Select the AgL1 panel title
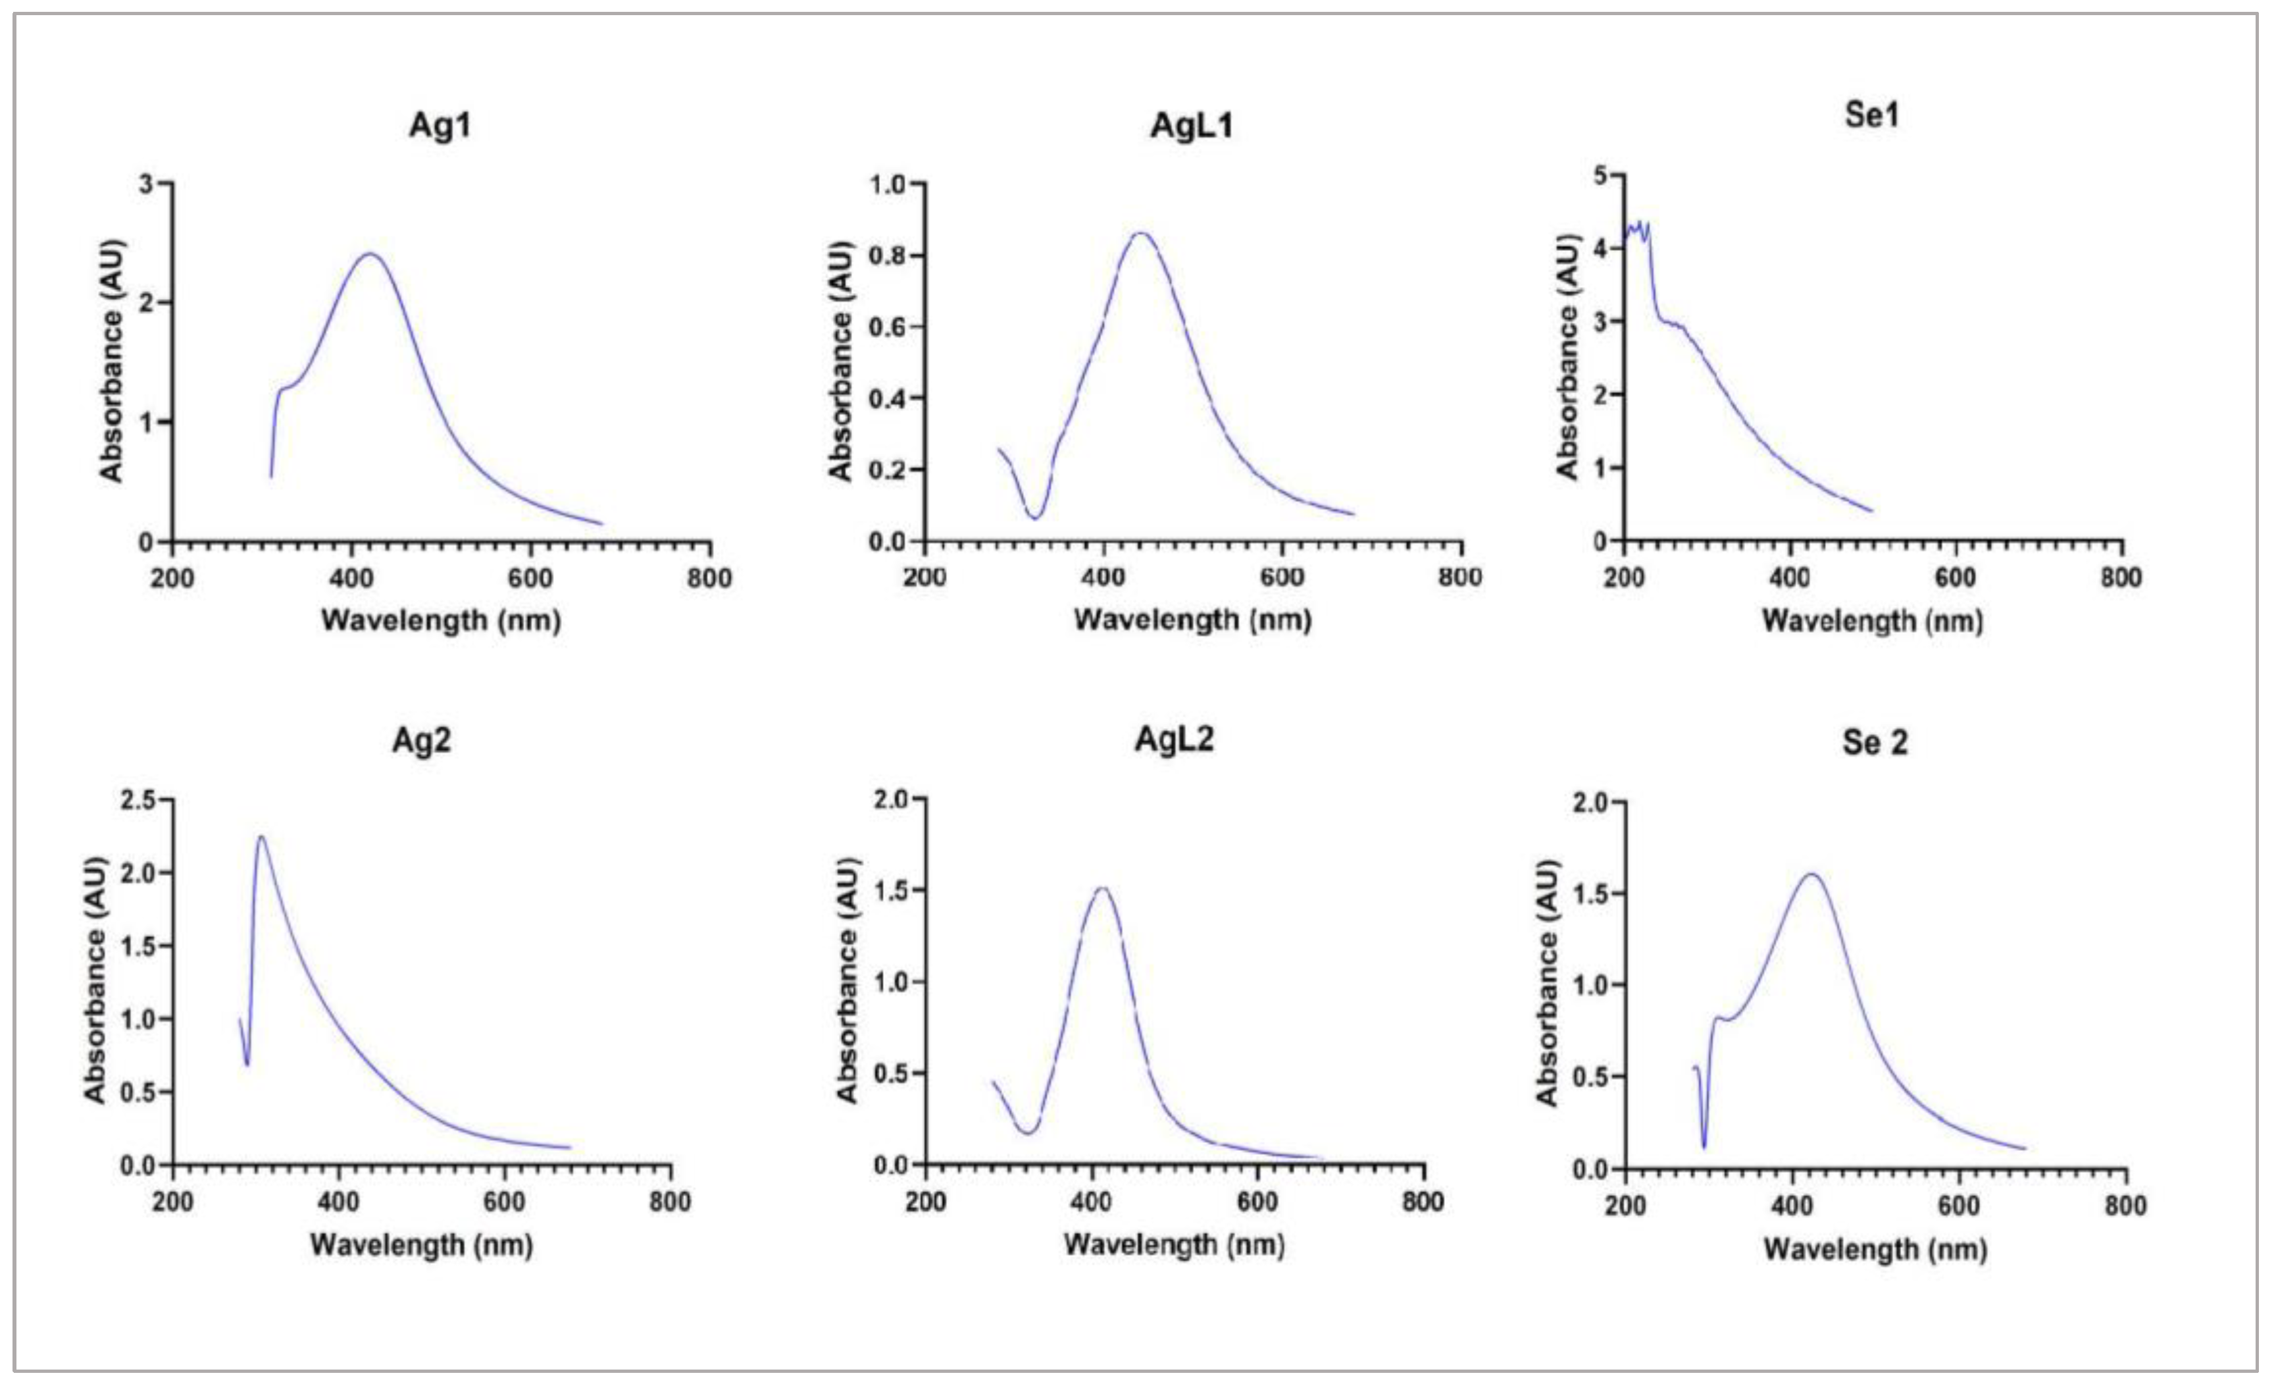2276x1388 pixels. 1191,124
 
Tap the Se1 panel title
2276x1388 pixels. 1871,115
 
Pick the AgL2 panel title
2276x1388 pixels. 1173,739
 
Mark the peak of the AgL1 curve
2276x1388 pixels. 1142,233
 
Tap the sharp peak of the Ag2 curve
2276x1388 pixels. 261,838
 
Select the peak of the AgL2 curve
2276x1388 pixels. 1101,888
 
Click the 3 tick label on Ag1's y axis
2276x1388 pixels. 146,184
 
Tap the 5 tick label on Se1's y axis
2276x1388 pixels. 1600,174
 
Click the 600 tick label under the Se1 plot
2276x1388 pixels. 1954,577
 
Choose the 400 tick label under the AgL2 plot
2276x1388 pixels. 1091,1202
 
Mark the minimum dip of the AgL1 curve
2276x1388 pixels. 1036,518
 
